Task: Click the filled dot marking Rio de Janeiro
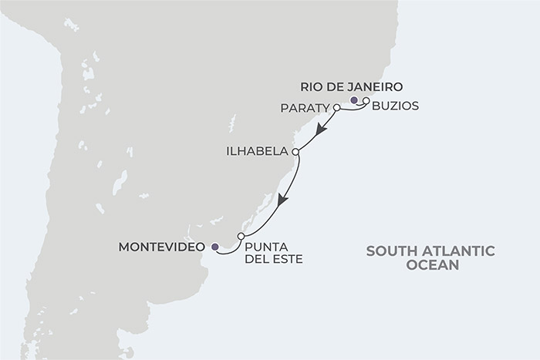point(353,100)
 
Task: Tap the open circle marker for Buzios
point(366,101)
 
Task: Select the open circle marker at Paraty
point(337,107)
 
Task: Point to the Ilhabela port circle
point(295,152)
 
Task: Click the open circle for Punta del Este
point(241,236)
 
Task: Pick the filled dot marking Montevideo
point(215,247)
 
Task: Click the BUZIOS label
point(395,106)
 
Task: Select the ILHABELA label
point(258,152)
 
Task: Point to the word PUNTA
point(264,247)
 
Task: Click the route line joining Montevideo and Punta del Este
point(228,249)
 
